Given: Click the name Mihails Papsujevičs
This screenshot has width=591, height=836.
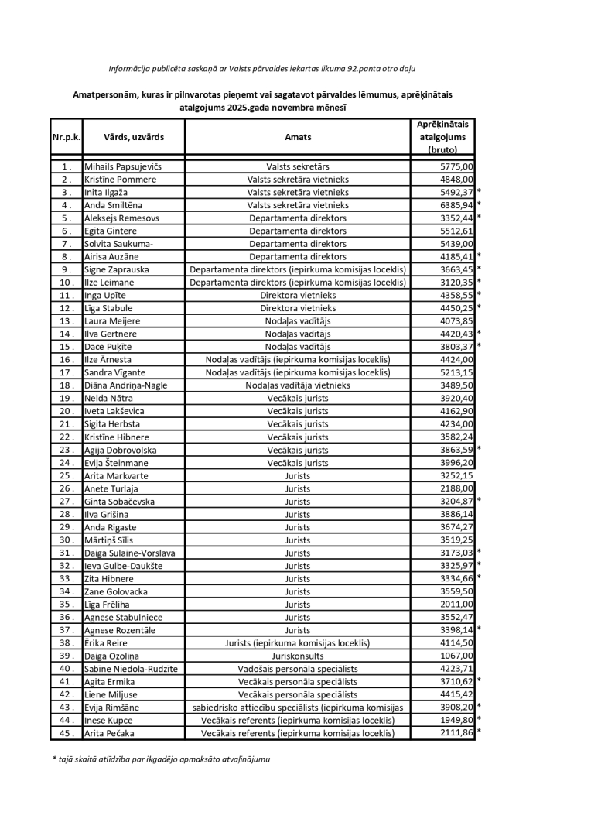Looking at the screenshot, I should [x=123, y=166].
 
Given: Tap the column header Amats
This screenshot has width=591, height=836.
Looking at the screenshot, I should [x=298, y=137].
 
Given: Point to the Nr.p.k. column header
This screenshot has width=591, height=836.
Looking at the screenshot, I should [x=67, y=137].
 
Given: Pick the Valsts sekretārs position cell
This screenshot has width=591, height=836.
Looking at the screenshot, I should [x=298, y=166].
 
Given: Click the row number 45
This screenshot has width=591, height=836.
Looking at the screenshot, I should [x=67, y=733].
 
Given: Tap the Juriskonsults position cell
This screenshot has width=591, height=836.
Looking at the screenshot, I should [x=298, y=656].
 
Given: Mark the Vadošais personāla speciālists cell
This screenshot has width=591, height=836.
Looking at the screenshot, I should [x=298, y=669].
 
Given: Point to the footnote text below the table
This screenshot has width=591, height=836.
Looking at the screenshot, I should [x=161, y=759].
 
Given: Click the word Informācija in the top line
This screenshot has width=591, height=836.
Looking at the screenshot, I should [x=132, y=68].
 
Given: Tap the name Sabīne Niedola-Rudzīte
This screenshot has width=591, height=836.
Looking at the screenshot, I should [x=131, y=669].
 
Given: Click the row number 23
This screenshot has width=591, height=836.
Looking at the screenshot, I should [x=67, y=450].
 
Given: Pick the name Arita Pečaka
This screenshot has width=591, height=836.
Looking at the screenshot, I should [x=113, y=733].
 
